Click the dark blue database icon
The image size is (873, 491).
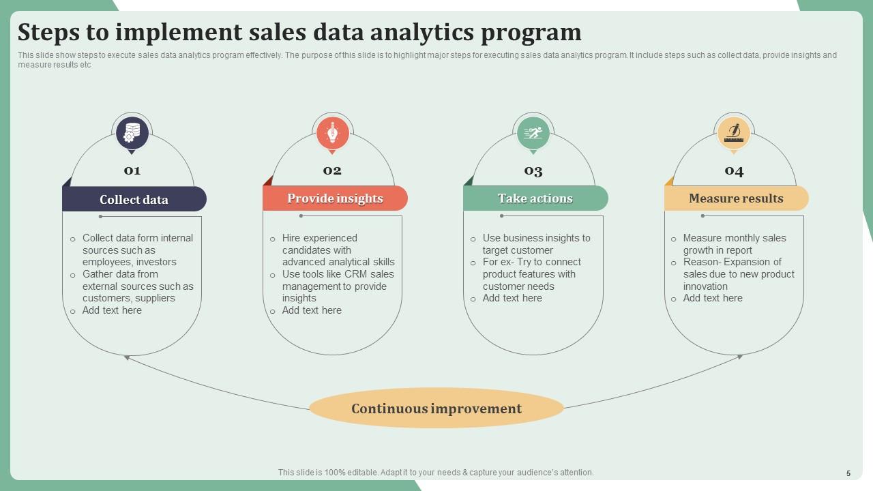132,133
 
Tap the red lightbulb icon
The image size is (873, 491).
333,133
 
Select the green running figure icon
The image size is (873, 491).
533,133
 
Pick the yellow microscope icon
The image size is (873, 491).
734,133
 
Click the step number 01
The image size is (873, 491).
132,170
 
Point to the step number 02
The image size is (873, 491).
332,170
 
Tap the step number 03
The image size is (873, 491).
533,170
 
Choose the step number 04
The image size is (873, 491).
734,170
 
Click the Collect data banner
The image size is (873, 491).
134,199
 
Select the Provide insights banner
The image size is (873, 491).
335,198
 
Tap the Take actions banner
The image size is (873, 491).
535,198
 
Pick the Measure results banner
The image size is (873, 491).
737,198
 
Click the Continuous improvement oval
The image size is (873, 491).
436,408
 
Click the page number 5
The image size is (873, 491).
848,473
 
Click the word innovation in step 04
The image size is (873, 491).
705,286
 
